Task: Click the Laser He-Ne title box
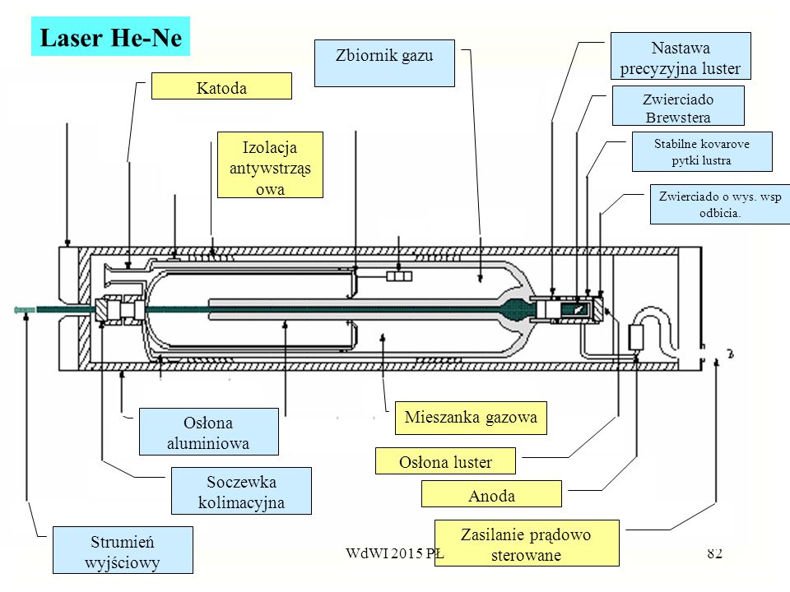(x=110, y=36)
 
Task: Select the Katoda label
(x=221, y=86)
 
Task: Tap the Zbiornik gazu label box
(x=384, y=63)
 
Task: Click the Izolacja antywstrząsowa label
(x=270, y=164)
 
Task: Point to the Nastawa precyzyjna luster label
(x=681, y=56)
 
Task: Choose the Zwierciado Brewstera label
(x=678, y=105)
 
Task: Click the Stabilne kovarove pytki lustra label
(x=702, y=151)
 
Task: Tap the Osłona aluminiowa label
(x=208, y=432)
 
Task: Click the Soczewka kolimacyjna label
(x=241, y=491)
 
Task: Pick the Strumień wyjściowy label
(x=123, y=550)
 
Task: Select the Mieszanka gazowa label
(x=471, y=418)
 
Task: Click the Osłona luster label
(x=445, y=460)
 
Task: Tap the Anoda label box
(x=491, y=494)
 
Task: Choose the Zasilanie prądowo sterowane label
(x=527, y=543)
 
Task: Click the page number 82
(x=715, y=553)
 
